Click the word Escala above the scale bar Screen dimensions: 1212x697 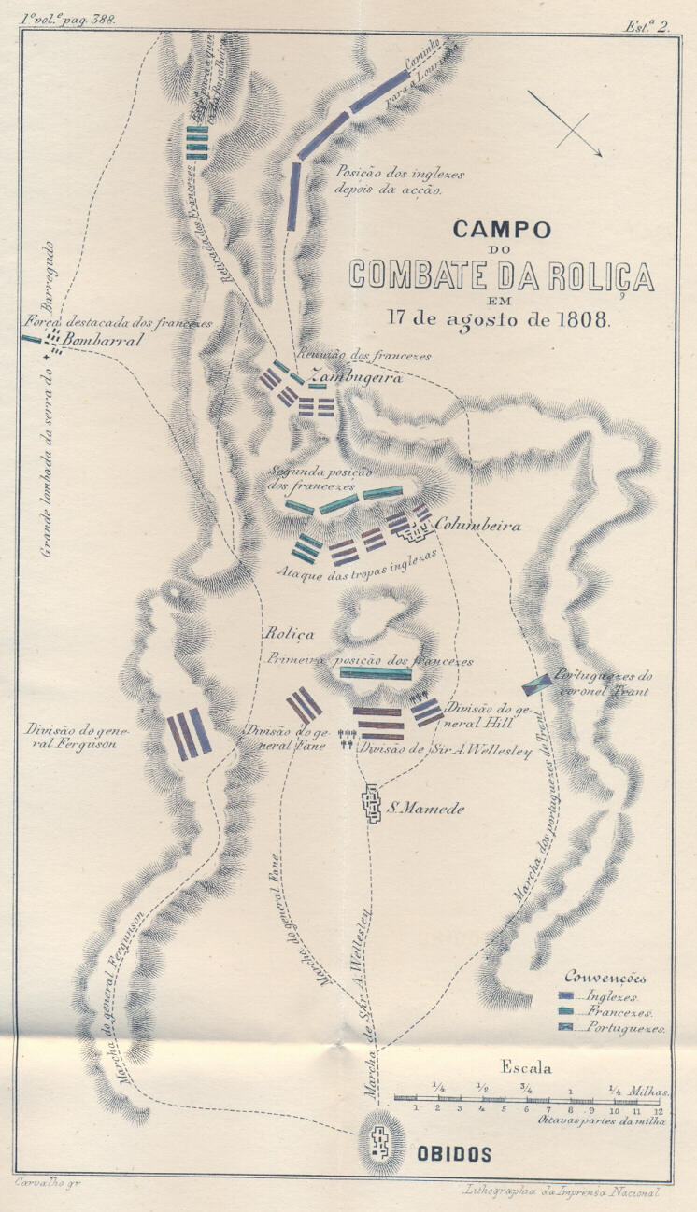(x=526, y=1068)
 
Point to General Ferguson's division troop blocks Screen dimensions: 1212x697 (x=189, y=733)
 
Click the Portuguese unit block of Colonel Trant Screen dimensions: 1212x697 (x=536, y=685)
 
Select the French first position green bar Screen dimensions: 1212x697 (x=376, y=673)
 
